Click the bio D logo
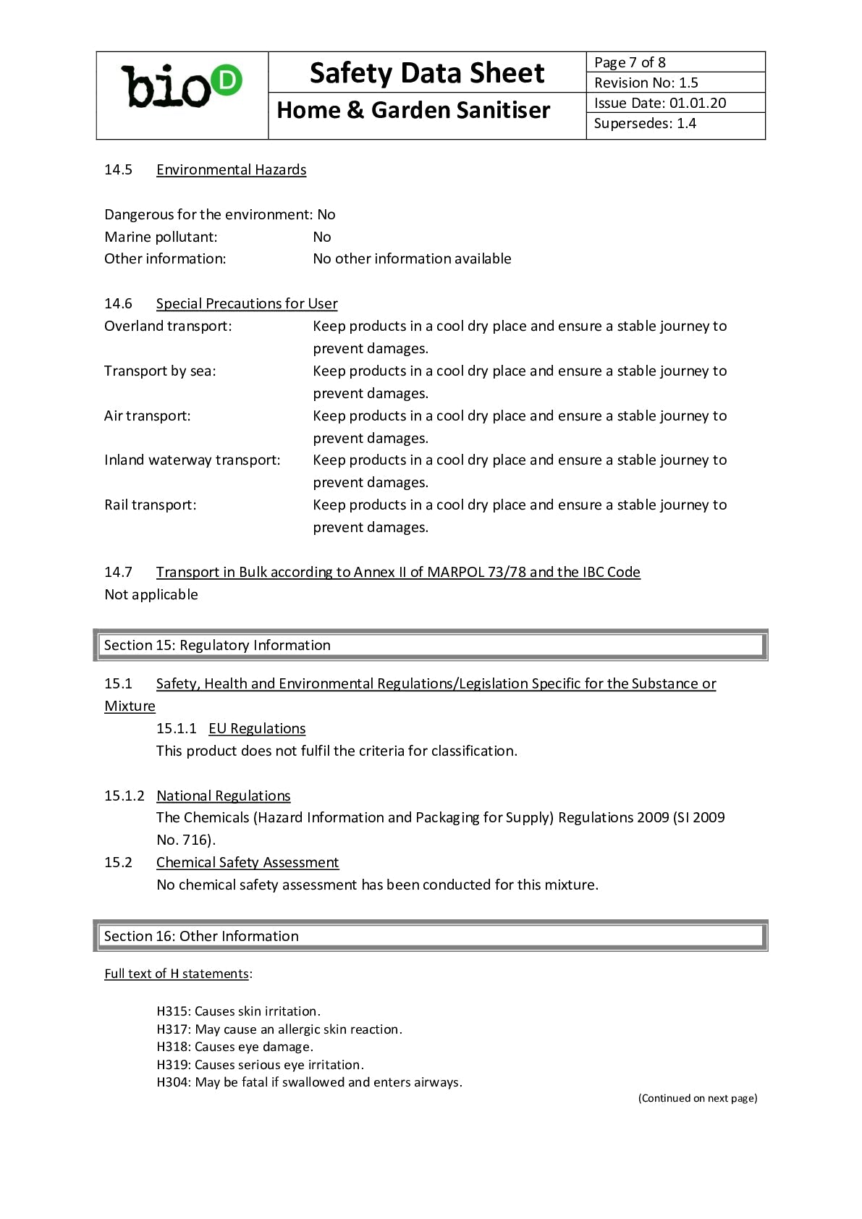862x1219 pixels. (x=182, y=87)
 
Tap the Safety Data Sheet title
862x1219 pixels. (x=426, y=73)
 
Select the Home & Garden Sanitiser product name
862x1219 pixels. (x=413, y=110)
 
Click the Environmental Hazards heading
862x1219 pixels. (x=231, y=169)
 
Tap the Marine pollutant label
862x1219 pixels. (x=161, y=237)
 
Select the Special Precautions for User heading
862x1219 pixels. (x=247, y=303)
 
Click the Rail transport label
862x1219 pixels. (x=150, y=505)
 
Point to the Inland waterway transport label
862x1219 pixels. (x=192, y=460)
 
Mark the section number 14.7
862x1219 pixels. (x=118, y=572)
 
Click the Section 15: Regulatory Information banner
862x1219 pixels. (x=431, y=645)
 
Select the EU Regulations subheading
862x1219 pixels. (x=257, y=728)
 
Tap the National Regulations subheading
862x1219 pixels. (x=223, y=796)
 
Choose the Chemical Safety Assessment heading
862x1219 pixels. (x=248, y=862)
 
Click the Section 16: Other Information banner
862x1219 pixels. (x=431, y=936)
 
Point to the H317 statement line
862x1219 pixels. (x=279, y=1029)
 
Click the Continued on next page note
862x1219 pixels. (x=698, y=1098)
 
